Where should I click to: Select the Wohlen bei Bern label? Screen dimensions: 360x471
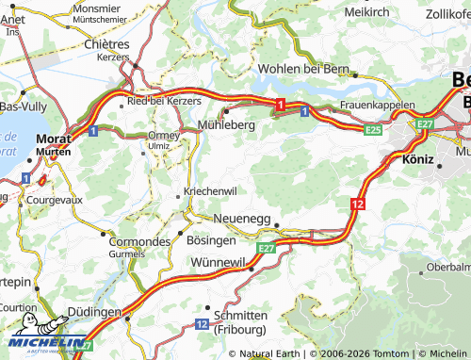pyautogui.click(x=302, y=70)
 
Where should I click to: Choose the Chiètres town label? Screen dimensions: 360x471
pyautogui.click(x=106, y=43)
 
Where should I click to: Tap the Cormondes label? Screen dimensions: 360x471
pyautogui.click(x=139, y=241)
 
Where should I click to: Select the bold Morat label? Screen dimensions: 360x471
pyautogui.click(x=53, y=139)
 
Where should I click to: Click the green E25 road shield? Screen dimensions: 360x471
pyautogui.click(x=373, y=129)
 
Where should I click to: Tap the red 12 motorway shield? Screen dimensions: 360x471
pyautogui.click(x=356, y=204)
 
